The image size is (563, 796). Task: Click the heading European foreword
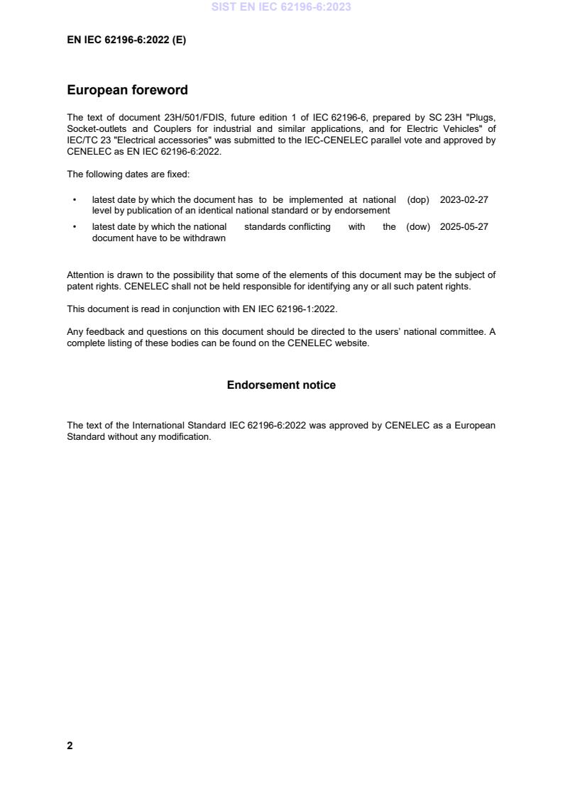point(127,90)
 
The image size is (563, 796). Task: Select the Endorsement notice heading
point(281,385)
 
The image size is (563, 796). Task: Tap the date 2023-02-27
point(464,200)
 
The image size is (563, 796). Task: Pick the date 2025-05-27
point(464,227)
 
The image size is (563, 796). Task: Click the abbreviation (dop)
point(418,200)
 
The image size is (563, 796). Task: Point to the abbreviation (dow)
point(418,227)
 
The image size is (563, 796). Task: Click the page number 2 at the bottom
point(70,746)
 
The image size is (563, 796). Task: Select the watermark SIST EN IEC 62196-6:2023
point(281,7)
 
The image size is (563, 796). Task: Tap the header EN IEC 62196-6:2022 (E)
point(126,40)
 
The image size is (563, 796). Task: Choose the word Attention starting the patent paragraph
point(85,275)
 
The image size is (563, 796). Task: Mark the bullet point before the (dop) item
point(75,200)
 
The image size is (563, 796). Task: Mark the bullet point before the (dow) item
point(75,227)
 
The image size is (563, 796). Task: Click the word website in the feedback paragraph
point(351,344)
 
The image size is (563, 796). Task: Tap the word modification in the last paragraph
point(186,437)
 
